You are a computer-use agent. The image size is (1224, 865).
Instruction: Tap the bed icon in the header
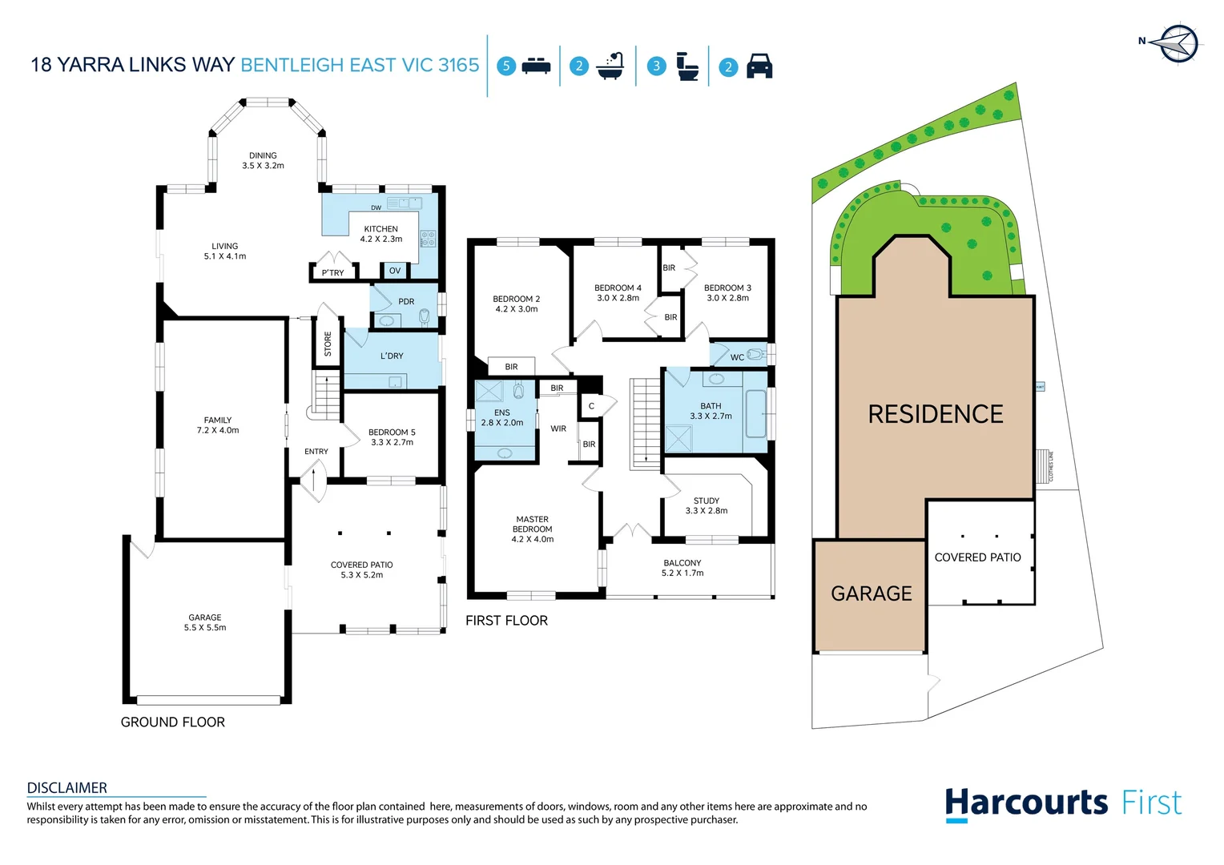[x=536, y=66]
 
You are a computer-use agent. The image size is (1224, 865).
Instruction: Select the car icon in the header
[x=759, y=66]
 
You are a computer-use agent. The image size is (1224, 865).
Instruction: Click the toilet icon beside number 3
[x=687, y=66]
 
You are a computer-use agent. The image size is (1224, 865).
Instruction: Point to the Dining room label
[x=263, y=161]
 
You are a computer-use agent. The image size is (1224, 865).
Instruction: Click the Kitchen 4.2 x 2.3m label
[x=381, y=234]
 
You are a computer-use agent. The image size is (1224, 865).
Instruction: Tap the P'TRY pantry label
[x=332, y=273]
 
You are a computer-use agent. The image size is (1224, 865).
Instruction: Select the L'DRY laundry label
[x=392, y=356]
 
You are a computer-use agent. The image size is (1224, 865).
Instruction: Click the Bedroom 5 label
[x=392, y=437]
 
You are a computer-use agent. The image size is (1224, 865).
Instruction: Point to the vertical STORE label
[x=328, y=344]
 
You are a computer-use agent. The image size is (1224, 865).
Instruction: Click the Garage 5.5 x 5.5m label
[x=205, y=622]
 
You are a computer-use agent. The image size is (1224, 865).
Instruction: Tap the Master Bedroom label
[x=533, y=529]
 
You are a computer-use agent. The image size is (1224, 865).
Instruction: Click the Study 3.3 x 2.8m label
[x=707, y=505]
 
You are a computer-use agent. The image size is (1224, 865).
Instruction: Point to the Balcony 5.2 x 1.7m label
[x=682, y=568]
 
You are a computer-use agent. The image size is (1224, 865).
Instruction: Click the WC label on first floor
[x=737, y=357]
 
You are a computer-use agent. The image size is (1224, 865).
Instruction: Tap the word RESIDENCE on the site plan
[x=936, y=414]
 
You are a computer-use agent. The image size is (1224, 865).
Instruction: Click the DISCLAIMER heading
[x=67, y=788]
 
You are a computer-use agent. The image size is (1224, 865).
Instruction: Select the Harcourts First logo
[x=1063, y=803]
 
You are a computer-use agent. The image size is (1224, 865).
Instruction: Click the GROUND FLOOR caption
[x=173, y=722]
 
